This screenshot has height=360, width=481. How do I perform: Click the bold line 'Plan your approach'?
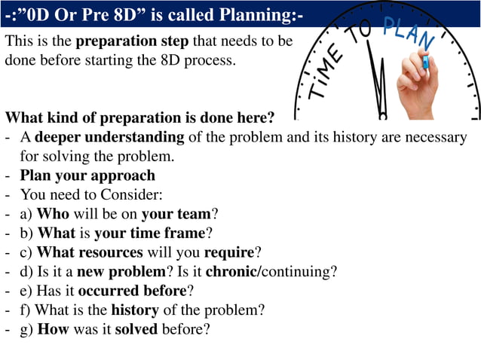click(x=87, y=175)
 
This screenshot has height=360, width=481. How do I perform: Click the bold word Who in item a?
click(x=53, y=214)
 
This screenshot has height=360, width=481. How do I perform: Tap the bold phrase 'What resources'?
click(x=90, y=252)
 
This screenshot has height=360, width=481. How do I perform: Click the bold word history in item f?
click(x=136, y=310)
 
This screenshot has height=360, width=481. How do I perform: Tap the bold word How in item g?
click(x=53, y=329)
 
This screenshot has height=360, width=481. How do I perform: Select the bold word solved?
click(x=135, y=329)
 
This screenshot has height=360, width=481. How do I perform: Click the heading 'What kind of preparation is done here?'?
click(x=140, y=118)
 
